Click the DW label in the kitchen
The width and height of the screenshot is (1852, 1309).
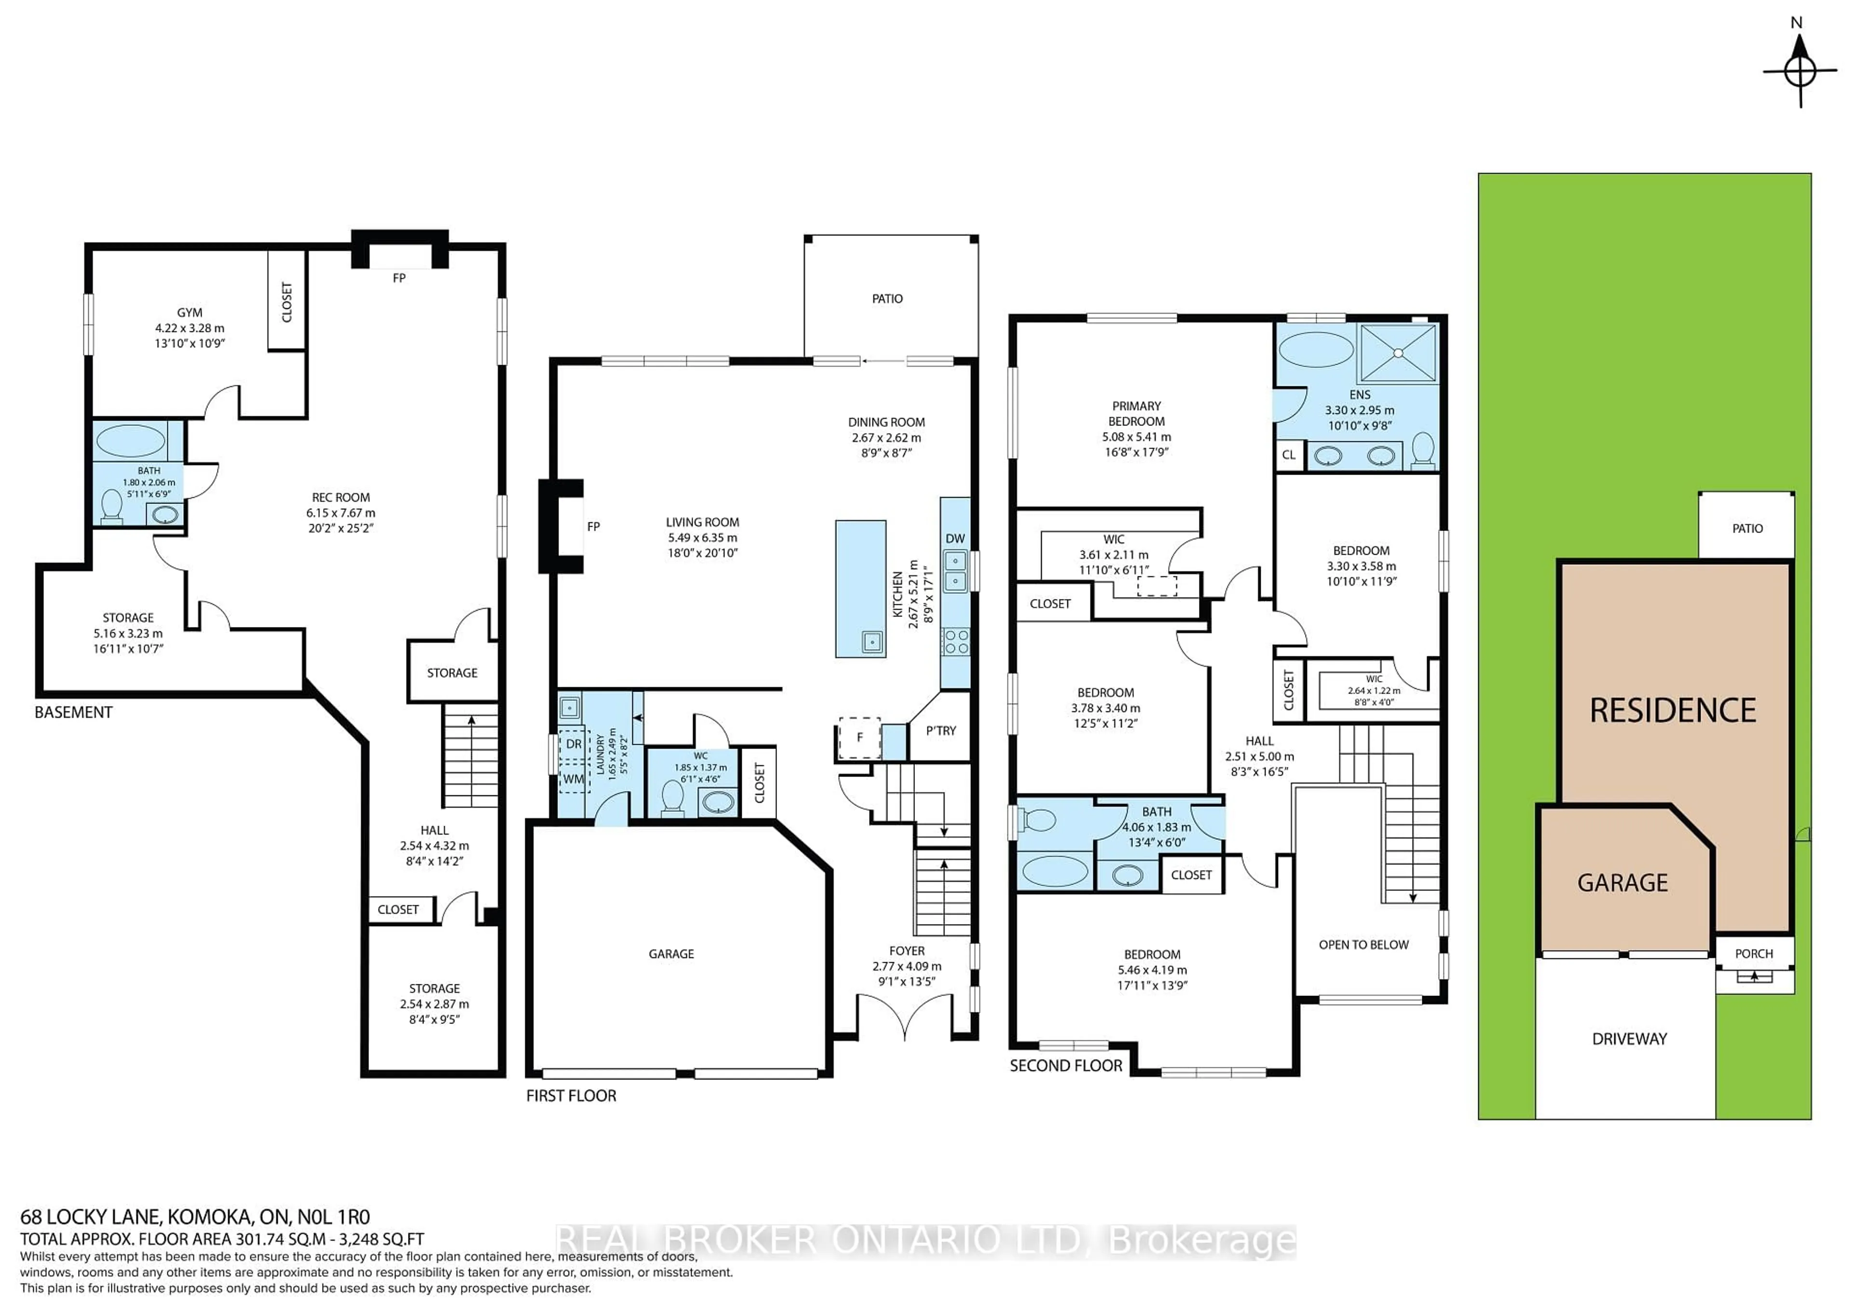click(954, 539)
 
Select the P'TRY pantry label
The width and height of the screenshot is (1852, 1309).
click(940, 731)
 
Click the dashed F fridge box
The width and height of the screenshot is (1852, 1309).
click(859, 737)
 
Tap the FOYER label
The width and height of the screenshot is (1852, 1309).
click(907, 951)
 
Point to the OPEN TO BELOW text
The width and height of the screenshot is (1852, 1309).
click(1363, 944)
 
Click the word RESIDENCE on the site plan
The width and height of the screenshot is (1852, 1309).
click(1672, 710)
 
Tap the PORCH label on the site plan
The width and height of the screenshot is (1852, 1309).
click(1754, 954)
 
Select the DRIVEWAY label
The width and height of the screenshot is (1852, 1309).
click(1629, 1039)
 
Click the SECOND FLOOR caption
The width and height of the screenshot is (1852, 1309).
click(1065, 1065)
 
